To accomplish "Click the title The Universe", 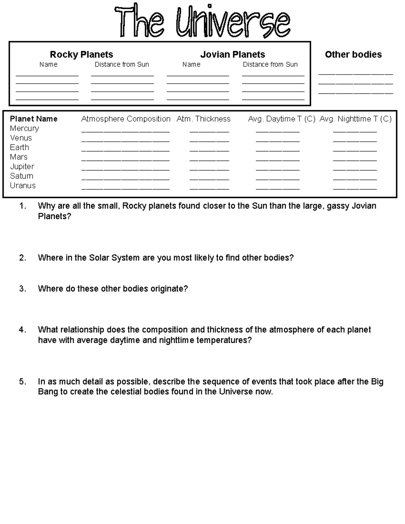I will tap(202, 21).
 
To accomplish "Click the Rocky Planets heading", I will tap(81, 54).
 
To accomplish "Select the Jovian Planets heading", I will tap(233, 54).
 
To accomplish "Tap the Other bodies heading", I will tap(353, 54).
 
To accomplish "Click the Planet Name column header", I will tap(33, 119).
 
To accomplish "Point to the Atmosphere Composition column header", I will tap(126, 119).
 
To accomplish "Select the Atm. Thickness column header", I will tap(203, 119).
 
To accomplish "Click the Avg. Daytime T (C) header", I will tap(281, 119).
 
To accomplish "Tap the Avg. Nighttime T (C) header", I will tap(355, 119).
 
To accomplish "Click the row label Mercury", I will tap(24, 128).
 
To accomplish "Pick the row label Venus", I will tap(21, 138).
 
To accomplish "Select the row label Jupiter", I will tap(22, 166).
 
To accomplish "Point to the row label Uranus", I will tap(23, 185).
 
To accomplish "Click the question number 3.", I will tap(23, 289).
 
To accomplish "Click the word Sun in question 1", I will tap(260, 206).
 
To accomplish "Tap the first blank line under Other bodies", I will tap(355, 73).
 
